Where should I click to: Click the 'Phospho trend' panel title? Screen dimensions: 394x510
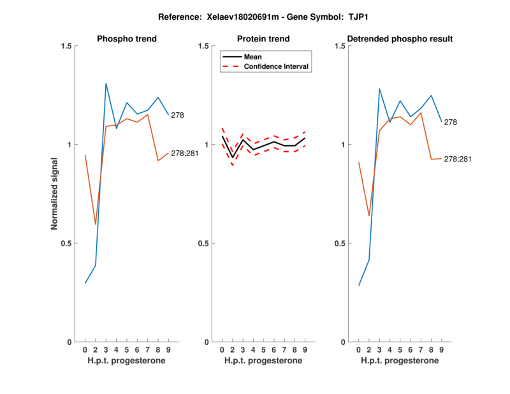point(127,39)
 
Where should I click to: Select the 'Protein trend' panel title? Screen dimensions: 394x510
point(264,39)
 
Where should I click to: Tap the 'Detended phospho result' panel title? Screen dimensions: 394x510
point(400,39)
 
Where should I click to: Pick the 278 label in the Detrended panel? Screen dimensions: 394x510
point(451,122)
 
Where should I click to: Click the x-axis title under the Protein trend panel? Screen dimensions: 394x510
point(264,361)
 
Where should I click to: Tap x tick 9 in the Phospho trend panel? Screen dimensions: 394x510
point(168,350)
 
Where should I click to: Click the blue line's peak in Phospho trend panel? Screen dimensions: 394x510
point(106,83)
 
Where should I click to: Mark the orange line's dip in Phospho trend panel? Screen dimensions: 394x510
point(96,224)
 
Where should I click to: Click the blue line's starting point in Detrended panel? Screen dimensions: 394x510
point(359,286)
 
